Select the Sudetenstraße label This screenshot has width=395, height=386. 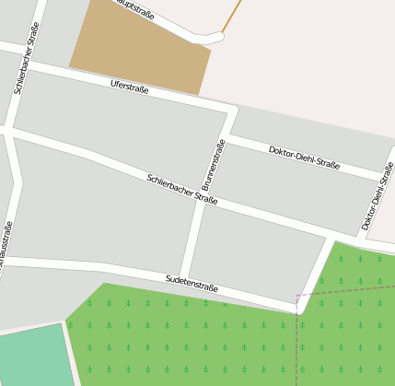coord(192,282)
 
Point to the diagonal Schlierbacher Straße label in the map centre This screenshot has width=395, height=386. coord(181,188)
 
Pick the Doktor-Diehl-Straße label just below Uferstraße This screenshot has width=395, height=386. coord(304,158)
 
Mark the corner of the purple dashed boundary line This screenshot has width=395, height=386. coord(296,297)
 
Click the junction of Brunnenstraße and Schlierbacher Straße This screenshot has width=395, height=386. coord(202,201)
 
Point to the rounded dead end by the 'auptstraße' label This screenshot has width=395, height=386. coord(216,38)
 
